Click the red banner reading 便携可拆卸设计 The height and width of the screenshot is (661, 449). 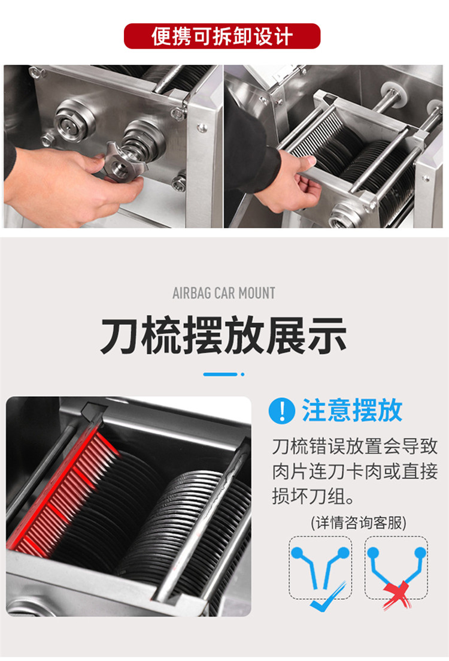[x=222, y=36]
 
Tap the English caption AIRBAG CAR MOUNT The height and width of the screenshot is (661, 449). [x=224, y=294]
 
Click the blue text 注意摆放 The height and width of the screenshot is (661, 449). [x=352, y=411]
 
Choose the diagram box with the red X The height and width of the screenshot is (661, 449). [x=396, y=566]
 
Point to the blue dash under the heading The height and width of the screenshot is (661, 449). [x=220, y=374]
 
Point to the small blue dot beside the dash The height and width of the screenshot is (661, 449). [x=242, y=374]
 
